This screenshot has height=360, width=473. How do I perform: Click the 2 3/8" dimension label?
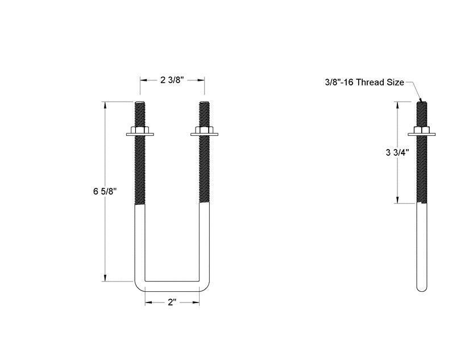coord(172,80)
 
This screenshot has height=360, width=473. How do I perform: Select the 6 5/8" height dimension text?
coord(105,192)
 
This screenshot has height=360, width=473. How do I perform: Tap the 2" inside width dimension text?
coord(172,303)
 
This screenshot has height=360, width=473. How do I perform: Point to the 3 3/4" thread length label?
coord(397,152)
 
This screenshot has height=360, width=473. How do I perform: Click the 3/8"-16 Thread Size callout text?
coord(364,82)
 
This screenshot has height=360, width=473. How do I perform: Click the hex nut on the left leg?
coord(140,131)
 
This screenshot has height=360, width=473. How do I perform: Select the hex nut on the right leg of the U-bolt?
coord(205,131)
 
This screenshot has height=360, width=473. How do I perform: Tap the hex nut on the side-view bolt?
coord(421,131)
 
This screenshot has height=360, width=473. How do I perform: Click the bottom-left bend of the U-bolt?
coord(139,284)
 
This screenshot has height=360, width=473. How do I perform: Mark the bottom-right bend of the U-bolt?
coord(205,284)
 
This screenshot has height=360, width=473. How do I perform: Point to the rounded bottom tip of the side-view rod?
coord(421,288)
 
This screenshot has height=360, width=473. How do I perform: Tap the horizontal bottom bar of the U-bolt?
coord(172,285)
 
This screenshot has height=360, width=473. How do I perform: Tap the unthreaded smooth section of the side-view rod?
coord(421,245)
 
